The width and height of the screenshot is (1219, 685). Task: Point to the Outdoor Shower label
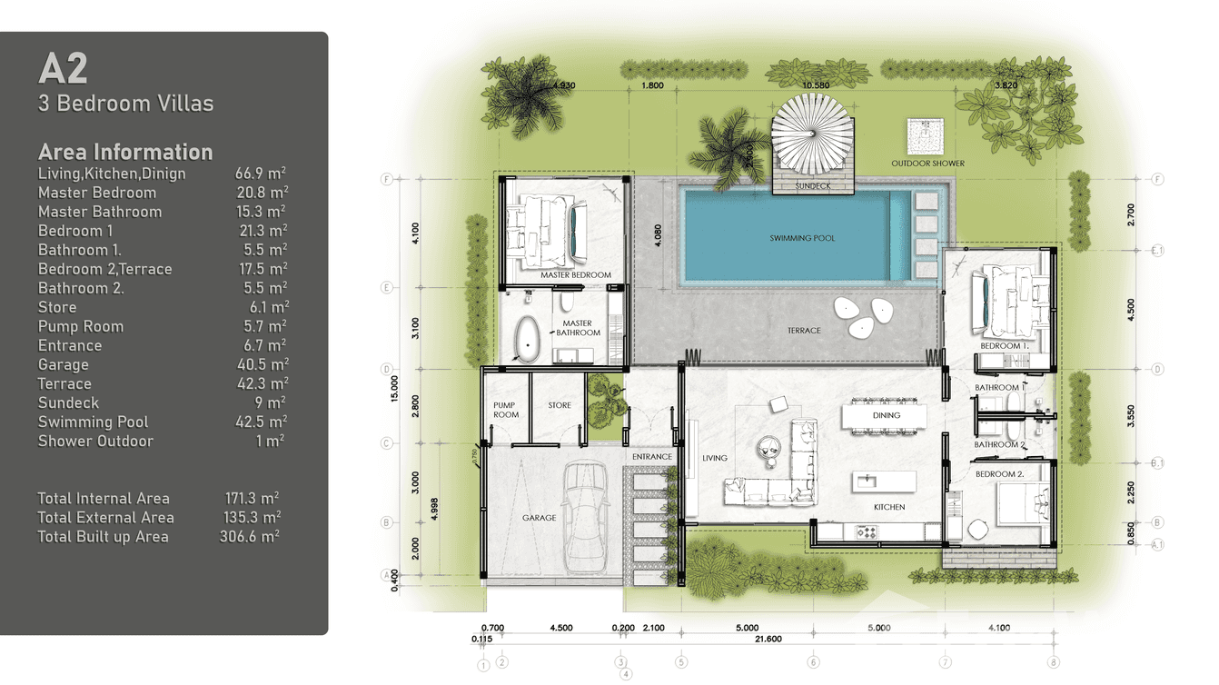pos(927,164)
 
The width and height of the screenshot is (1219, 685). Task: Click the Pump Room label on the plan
pos(506,410)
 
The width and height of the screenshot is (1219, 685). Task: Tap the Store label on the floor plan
pos(560,405)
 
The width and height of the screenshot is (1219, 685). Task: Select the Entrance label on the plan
pos(651,456)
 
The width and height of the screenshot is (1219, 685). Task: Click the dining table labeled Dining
pos(885,416)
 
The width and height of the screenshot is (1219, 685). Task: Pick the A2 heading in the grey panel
pos(63,70)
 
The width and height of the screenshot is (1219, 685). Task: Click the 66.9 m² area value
pos(261,174)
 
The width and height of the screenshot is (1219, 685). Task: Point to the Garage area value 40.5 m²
pos(263,364)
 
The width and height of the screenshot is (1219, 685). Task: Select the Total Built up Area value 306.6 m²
pos(252,536)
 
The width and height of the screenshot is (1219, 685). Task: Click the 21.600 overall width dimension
pos(768,640)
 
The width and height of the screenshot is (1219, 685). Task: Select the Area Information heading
pos(125,152)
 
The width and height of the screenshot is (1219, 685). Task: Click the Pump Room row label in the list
pos(81,326)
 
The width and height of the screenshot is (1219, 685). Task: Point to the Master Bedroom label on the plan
pos(575,274)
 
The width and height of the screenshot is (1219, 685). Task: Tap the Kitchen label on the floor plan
pos(888,507)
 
